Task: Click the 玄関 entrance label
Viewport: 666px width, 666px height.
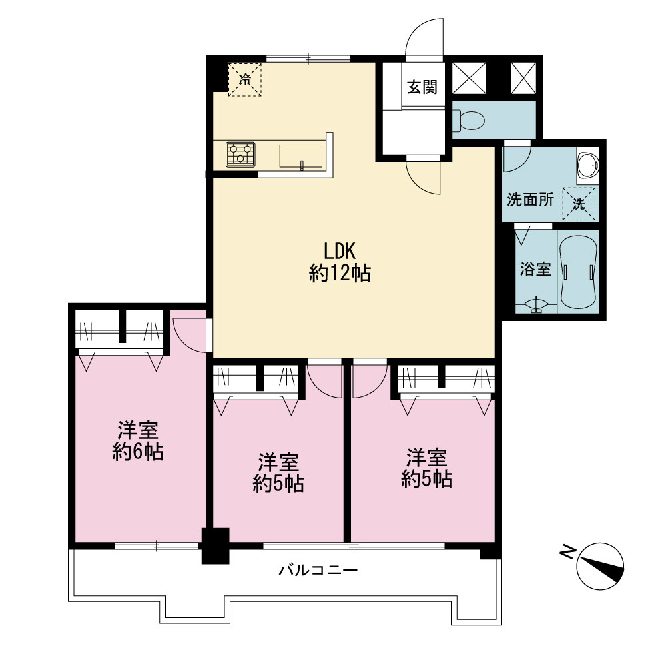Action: (422, 87)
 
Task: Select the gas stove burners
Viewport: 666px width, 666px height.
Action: (240, 155)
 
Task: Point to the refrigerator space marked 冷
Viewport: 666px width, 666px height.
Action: (245, 79)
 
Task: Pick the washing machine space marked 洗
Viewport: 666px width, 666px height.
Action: (579, 204)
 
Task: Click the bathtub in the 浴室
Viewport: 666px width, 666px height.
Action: (578, 272)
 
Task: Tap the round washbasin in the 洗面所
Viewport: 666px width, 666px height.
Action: (588, 164)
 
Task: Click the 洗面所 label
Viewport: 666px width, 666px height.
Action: (531, 200)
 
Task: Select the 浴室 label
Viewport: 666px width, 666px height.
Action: (535, 269)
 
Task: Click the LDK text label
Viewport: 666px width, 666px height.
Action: (340, 251)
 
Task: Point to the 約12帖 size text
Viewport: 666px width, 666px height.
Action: (340, 273)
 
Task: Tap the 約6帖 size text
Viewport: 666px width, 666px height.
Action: (138, 452)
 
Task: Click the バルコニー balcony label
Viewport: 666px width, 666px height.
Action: (318, 569)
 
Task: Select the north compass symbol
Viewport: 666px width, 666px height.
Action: (601, 566)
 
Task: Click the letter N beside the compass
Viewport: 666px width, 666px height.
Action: (567, 553)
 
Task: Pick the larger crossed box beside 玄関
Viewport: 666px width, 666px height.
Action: (469, 78)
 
